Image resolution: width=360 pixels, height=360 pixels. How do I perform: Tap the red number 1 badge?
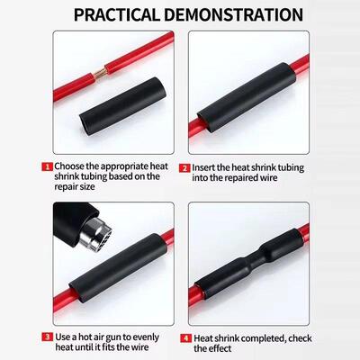pyautogui.click(x=46, y=166)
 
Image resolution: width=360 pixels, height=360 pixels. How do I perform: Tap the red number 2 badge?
pyautogui.click(x=184, y=166)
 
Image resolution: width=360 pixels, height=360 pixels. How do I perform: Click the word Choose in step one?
pyautogui.click(x=74, y=166)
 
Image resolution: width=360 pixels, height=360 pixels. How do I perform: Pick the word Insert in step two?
pyautogui.click(x=209, y=166)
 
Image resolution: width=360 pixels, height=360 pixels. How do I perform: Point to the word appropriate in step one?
pyautogui.click(x=130, y=166)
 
